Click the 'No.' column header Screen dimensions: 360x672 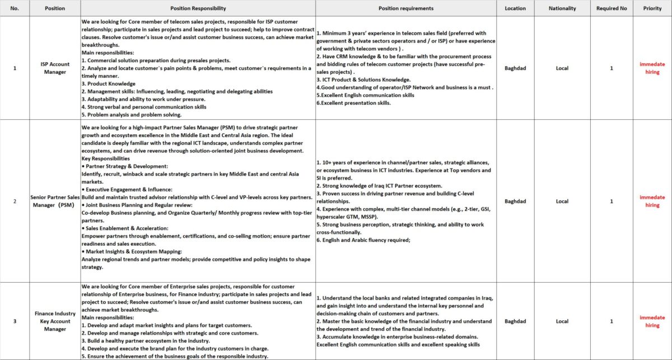15,8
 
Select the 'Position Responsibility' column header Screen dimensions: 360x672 198,8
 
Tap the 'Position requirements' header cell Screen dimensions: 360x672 406,8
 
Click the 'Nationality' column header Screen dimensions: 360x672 562,8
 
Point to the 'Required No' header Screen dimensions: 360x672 612,8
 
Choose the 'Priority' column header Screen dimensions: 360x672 652,8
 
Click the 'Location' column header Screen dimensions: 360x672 515,8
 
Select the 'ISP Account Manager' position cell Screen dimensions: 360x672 55,68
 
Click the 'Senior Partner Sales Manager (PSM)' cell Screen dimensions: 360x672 55,201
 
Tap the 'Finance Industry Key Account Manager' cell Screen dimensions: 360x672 55,321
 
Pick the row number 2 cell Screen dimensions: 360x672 15,201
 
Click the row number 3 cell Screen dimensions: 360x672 15,321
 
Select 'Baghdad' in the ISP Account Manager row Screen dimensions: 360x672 515,68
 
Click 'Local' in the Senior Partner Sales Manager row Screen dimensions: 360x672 562,201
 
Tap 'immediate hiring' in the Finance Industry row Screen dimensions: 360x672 652,321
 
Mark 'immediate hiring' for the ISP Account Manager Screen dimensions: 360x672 652,68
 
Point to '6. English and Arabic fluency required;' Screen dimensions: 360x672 363,240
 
